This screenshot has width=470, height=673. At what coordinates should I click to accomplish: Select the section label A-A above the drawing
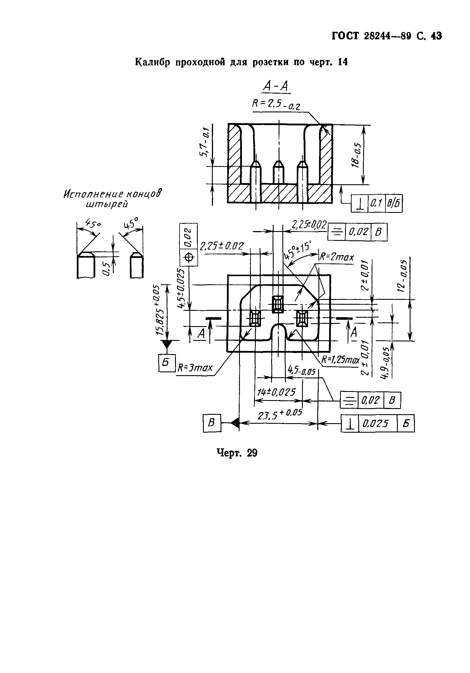tap(276, 86)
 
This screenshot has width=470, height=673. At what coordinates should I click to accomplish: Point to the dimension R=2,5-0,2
tap(276, 104)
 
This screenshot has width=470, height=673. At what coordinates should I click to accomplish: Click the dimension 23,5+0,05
tap(280, 414)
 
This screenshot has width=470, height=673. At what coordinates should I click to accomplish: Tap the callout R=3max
tap(195, 367)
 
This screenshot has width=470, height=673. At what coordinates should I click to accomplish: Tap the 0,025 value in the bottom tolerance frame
tap(376, 423)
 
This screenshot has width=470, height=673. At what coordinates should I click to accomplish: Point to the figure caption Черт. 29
tap(237, 453)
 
